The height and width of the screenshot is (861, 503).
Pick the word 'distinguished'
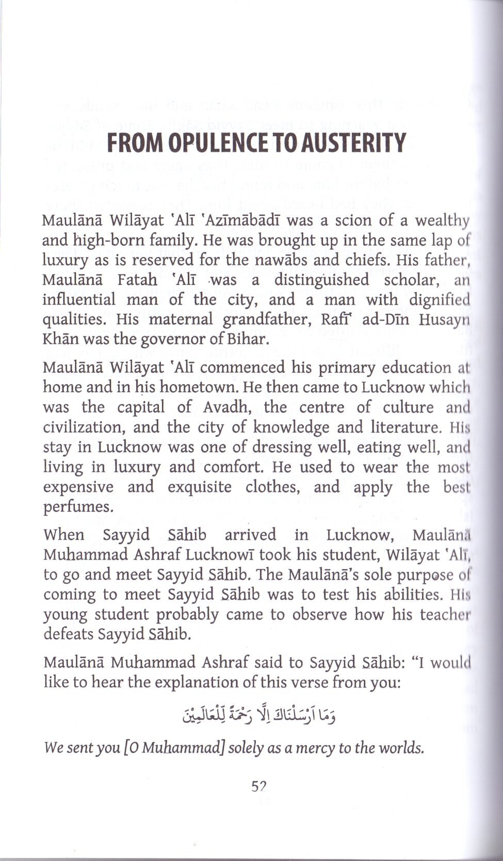tap(321, 280)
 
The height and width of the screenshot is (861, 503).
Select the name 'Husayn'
tap(444, 320)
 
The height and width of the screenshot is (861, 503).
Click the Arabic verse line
tap(252, 716)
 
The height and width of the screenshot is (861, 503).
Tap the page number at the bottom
tap(258, 787)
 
